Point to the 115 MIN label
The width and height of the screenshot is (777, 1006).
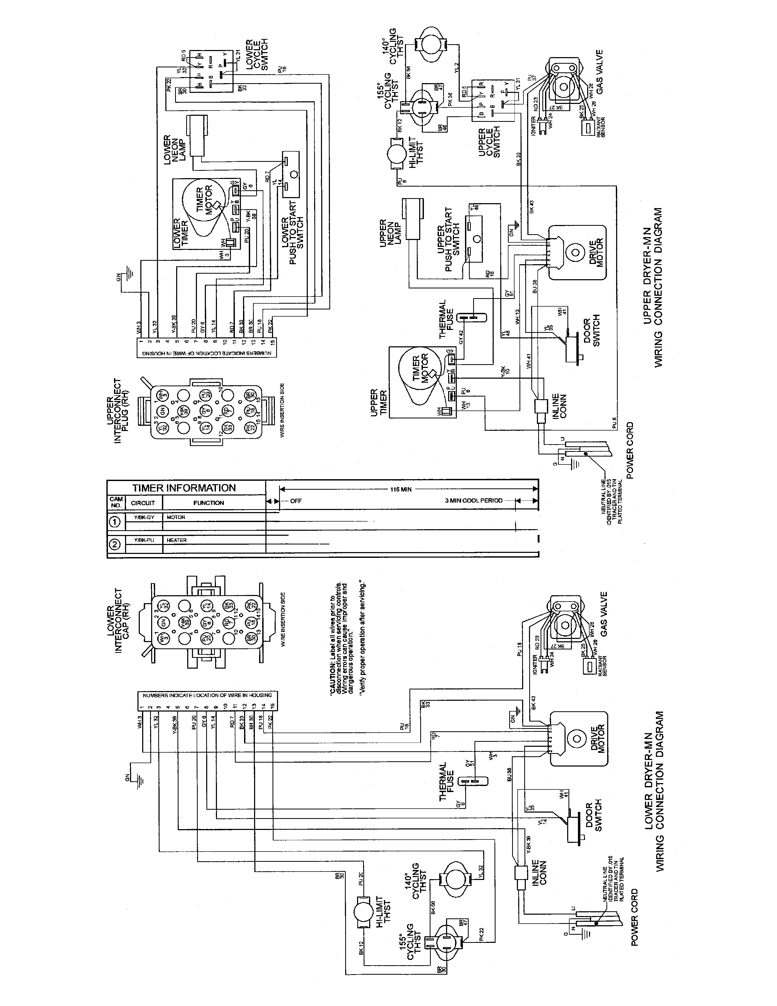(401, 490)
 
